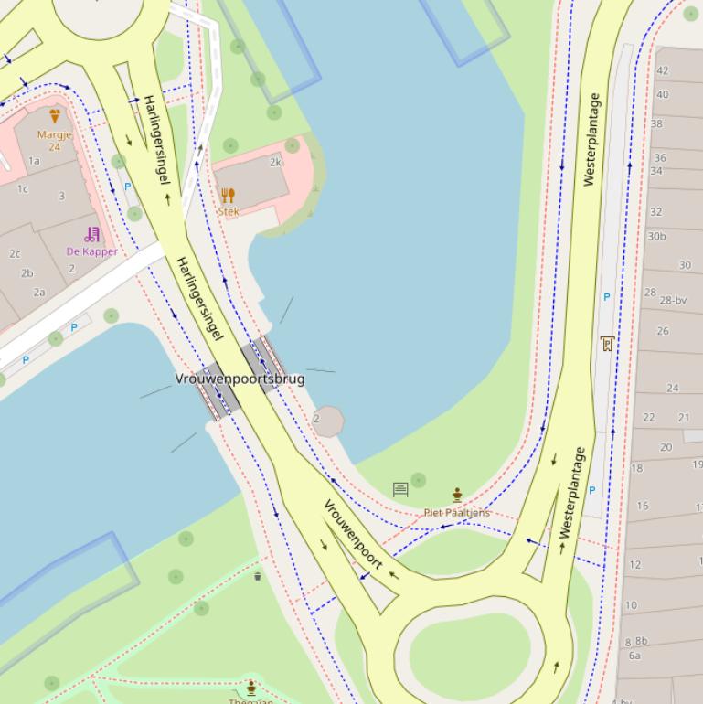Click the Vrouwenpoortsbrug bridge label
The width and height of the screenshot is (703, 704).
click(x=240, y=379)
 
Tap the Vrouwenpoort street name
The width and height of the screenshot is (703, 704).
click(x=353, y=535)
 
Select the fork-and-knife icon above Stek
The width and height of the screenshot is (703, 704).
click(x=228, y=195)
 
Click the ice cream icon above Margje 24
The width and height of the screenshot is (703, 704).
click(x=54, y=116)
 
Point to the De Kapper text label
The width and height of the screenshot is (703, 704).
click(x=91, y=251)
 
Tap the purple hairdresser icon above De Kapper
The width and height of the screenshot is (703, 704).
click(x=91, y=234)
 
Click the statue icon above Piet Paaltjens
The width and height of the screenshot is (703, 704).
click(x=457, y=496)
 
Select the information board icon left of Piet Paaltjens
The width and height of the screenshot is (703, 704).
click(x=399, y=490)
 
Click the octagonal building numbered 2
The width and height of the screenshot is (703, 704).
click(x=327, y=421)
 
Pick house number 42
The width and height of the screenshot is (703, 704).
click(x=663, y=70)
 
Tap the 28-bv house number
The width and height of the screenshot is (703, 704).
click(x=673, y=300)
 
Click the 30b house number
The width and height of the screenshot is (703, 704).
click(x=656, y=236)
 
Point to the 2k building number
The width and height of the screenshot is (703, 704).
click(x=275, y=163)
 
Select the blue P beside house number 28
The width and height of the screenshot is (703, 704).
click(x=606, y=297)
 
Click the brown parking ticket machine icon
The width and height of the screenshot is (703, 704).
click(x=605, y=344)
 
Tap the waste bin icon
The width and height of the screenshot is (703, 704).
click(x=258, y=576)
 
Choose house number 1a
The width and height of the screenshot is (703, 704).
click(x=34, y=160)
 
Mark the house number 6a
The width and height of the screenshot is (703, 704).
click(x=634, y=655)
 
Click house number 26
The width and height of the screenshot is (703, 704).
click(x=663, y=331)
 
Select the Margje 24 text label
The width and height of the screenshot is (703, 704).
click(x=54, y=140)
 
